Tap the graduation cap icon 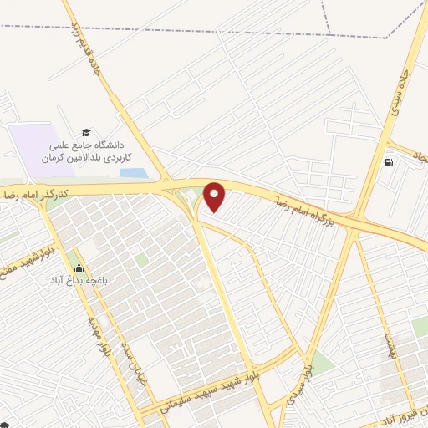pyautogui.click(x=84, y=133)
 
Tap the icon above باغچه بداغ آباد pyautogui.click(x=79, y=267)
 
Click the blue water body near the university pyautogui.click(x=133, y=174)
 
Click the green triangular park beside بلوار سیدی pyautogui.click(x=320, y=362)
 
